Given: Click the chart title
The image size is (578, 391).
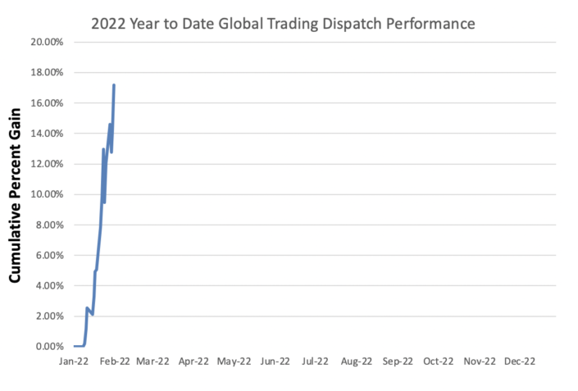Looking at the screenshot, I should (283, 24).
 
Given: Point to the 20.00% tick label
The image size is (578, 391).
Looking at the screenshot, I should (48, 42).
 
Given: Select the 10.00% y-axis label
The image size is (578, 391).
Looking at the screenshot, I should (48, 194).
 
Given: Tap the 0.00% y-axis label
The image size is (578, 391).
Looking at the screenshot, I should (50, 347).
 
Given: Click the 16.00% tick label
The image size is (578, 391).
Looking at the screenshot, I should (48, 103).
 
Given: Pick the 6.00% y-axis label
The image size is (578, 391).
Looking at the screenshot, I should (50, 255).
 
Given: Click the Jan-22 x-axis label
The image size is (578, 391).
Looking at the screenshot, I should (74, 361).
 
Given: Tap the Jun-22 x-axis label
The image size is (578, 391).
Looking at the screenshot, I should (275, 361).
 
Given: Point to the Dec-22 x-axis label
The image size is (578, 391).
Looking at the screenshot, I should (520, 361).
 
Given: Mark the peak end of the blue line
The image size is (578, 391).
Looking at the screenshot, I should (114, 84).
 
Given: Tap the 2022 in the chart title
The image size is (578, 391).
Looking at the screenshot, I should (108, 24).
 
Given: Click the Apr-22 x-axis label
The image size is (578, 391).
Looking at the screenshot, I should (193, 361).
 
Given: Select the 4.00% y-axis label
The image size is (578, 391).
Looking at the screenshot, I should (50, 286).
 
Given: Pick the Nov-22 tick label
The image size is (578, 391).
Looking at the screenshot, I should (479, 361).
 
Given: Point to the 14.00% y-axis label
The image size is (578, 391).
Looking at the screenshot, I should (48, 134).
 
